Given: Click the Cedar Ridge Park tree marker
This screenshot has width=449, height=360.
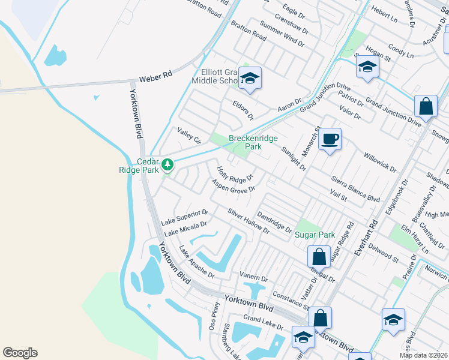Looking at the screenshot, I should [169, 164].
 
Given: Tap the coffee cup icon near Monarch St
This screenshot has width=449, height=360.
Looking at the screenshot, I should [330, 140].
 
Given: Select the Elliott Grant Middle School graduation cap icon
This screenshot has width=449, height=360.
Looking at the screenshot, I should [249, 78].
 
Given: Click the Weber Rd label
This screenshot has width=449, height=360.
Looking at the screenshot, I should [155, 77].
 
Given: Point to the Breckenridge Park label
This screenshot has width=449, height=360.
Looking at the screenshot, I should [253, 142].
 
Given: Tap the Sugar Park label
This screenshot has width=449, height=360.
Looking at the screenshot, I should [315, 235].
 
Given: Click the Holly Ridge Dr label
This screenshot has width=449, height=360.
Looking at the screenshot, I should [236, 175].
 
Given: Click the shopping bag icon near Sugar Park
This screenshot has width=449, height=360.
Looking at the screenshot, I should [319, 257].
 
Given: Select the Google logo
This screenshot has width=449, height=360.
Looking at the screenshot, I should [20, 353].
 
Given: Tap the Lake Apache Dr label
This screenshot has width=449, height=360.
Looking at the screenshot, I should [197, 263].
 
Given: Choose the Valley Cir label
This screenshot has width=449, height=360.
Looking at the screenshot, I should [189, 136].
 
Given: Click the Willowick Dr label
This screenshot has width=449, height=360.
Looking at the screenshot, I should [380, 161].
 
